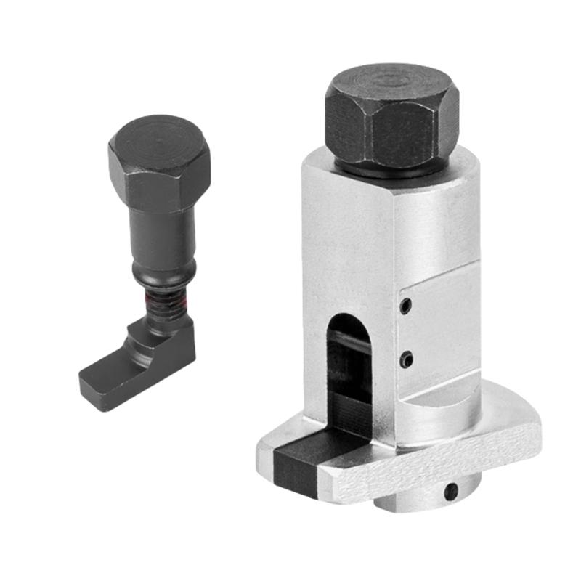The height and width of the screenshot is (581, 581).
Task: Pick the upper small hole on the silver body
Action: point(407,305)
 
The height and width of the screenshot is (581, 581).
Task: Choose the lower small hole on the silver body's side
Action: point(408,357)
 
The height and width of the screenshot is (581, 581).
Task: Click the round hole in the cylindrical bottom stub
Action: point(452,491)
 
